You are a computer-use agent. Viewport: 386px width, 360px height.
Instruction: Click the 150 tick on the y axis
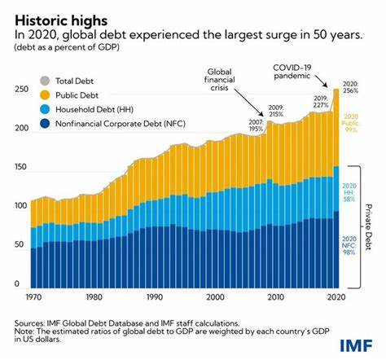click(18, 167)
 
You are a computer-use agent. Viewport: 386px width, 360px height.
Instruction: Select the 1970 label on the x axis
click(35, 297)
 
